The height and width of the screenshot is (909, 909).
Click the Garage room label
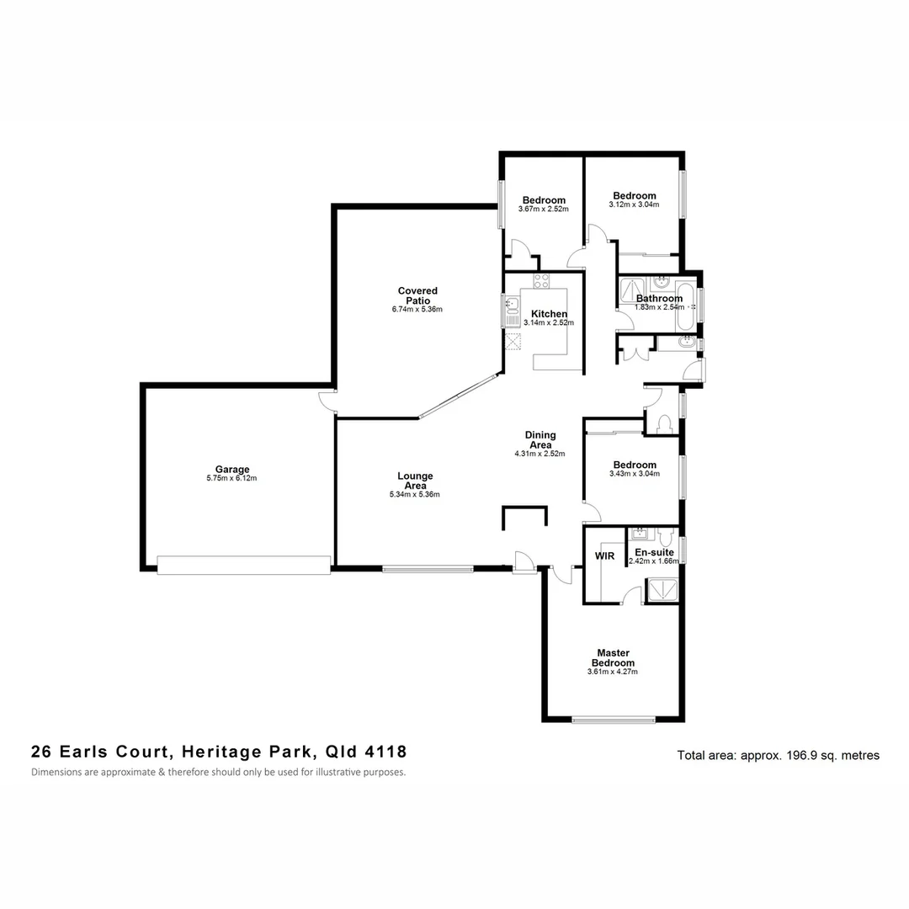[x=231, y=470]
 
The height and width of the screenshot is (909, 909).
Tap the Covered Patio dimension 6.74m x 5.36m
[x=417, y=310]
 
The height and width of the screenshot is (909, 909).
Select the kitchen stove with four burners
[x=541, y=281]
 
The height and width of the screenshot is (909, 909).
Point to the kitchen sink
[x=511, y=309]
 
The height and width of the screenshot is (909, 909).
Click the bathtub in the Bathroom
[x=687, y=305]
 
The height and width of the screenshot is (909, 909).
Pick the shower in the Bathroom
[x=630, y=291]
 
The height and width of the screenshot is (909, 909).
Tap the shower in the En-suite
[x=660, y=591]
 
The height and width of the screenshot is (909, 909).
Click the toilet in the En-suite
[x=667, y=536]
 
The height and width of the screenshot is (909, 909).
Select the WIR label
[x=604, y=556]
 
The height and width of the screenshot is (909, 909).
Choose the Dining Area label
[x=540, y=439]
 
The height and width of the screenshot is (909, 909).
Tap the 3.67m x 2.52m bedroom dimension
[x=543, y=209]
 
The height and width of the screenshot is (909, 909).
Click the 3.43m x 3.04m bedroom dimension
[x=635, y=474]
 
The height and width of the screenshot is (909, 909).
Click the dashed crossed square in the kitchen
[x=513, y=342]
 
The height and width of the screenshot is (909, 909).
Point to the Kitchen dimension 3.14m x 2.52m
[x=548, y=322]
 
